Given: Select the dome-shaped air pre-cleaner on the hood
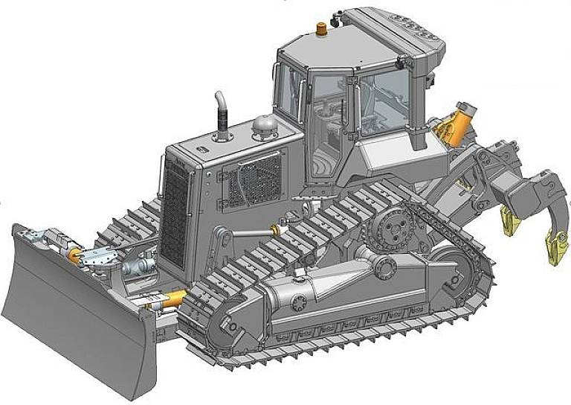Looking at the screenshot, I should (x=262, y=126).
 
